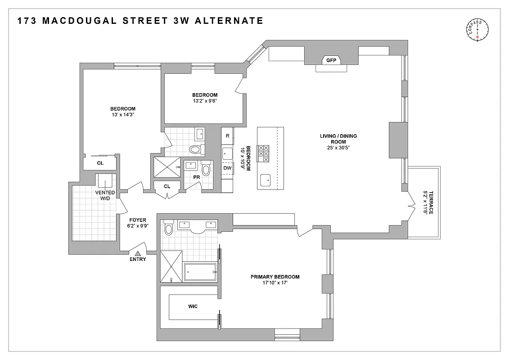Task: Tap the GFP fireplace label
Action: click(x=332, y=60)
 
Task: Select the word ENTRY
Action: click(x=138, y=259)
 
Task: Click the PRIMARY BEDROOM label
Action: click(x=275, y=277)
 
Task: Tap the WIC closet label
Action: click(x=193, y=306)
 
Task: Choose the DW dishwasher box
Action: click(x=227, y=168)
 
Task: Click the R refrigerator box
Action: click(x=227, y=135)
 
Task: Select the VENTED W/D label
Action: click(x=105, y=195)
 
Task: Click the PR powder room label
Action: click(x=196, y=177)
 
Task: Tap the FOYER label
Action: click(x=138, y=220)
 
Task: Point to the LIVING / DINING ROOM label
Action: click(x=339, y=139)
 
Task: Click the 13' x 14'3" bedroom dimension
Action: click(x=123, y=115)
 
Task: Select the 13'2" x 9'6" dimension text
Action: click(x=205, y=101)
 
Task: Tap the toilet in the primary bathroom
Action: click(x=169, y=229)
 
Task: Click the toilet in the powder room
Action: click(x=206, y=170)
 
